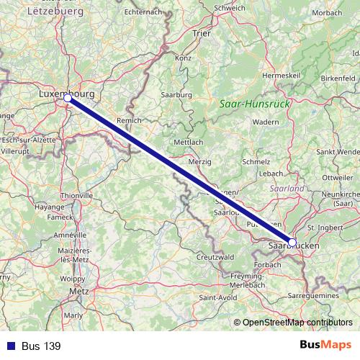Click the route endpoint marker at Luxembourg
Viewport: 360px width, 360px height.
[67, 97]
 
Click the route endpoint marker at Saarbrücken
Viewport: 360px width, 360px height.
[292, 243]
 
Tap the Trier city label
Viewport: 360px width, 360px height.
[201, 33]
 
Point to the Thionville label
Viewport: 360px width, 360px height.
[76, 195]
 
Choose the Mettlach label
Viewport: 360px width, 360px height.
[189, 143]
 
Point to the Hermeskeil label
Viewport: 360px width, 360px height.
[279, 75]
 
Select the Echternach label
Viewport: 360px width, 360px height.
[141, 12]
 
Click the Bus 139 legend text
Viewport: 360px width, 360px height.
[41, 346]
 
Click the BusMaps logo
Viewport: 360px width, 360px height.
[325, 346]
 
